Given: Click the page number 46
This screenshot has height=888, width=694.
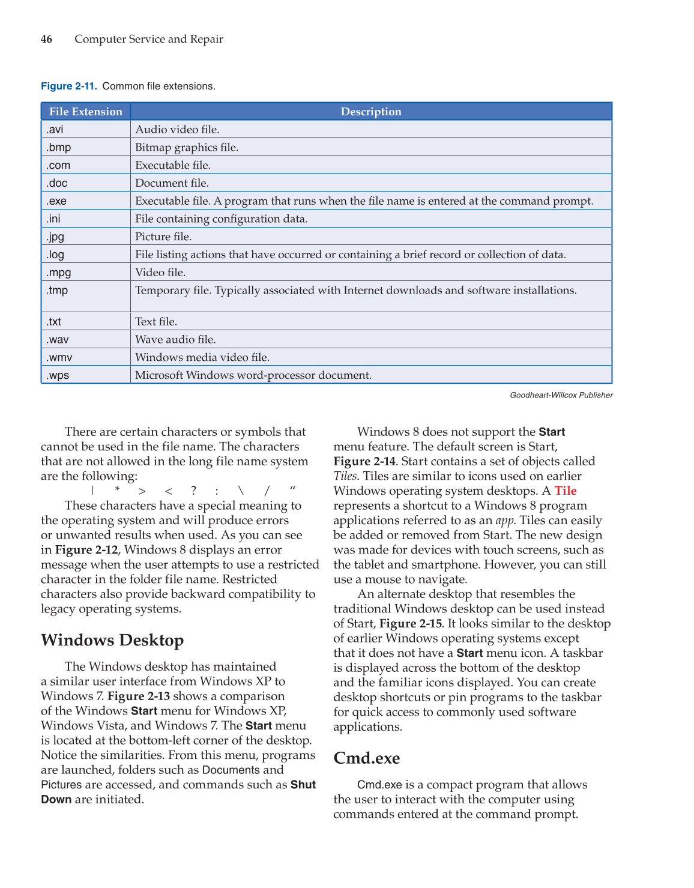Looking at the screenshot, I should click(x=46, y=39).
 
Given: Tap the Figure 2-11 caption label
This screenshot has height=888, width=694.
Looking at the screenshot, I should click(x=68, y=86).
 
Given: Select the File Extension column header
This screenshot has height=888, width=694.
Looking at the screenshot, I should click(x=86, y=112).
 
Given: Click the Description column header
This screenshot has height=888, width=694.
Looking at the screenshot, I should click(x=371, y=112).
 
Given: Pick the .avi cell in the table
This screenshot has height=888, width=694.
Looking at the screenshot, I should click(x=55, y=130).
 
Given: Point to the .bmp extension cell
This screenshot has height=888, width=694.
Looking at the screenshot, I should click(x=58, y=148).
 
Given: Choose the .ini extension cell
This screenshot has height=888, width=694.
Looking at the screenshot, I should click(x=53, y=219).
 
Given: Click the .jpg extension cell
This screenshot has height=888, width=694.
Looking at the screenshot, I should click(x=55, y=237).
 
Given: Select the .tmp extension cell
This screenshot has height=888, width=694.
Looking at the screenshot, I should click(x=57, y=291).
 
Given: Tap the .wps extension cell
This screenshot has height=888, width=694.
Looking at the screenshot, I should click(x=58, y=375).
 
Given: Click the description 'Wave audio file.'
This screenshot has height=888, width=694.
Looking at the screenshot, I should click(x=175, y=340).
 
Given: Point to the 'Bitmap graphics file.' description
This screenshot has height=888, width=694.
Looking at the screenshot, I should click(x=187, y=148).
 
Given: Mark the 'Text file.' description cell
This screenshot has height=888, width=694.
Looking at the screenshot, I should click(x=156, y=322).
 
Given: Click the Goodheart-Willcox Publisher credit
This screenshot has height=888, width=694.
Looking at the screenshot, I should click(x=561, y=395).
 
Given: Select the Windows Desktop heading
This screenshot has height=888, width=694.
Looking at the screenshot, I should click(x=112, y=640).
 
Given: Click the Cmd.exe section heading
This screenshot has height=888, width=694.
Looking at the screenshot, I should click(x=367, y=758).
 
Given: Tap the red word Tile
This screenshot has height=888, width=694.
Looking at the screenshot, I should click(x=566, y=491).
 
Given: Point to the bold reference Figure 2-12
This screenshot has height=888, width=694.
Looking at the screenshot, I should click(x=86, y=550).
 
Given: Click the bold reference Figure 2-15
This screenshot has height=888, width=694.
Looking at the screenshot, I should click(x=411, y=624).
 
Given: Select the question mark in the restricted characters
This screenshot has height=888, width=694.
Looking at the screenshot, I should click(x=193, y=491).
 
